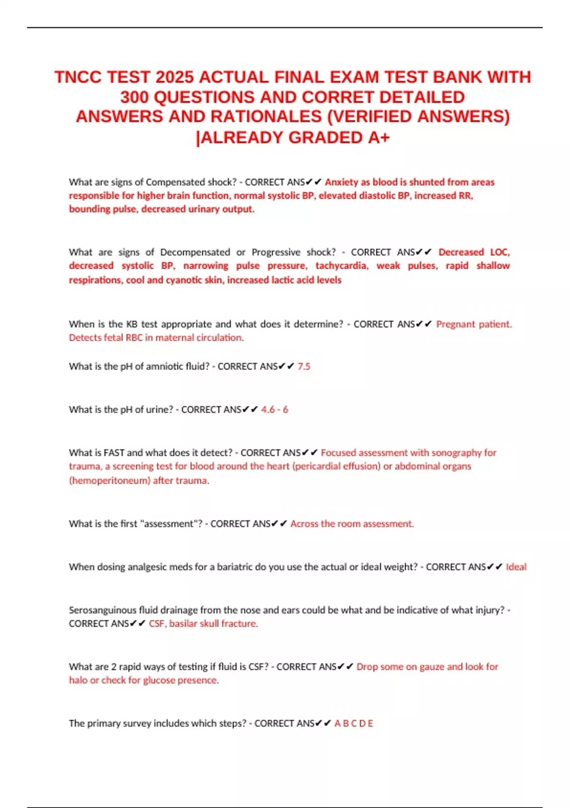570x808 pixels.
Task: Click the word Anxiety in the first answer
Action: coord(341,182)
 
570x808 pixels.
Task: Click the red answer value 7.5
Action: coord(304,366)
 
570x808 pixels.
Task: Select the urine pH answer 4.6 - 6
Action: coord(275,410)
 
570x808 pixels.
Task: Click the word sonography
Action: coord(453,453)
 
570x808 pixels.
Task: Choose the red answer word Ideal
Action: coord(516,567)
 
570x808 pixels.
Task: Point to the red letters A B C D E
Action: coord(353,723)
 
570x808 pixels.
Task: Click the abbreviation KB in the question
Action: coord(132,324)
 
